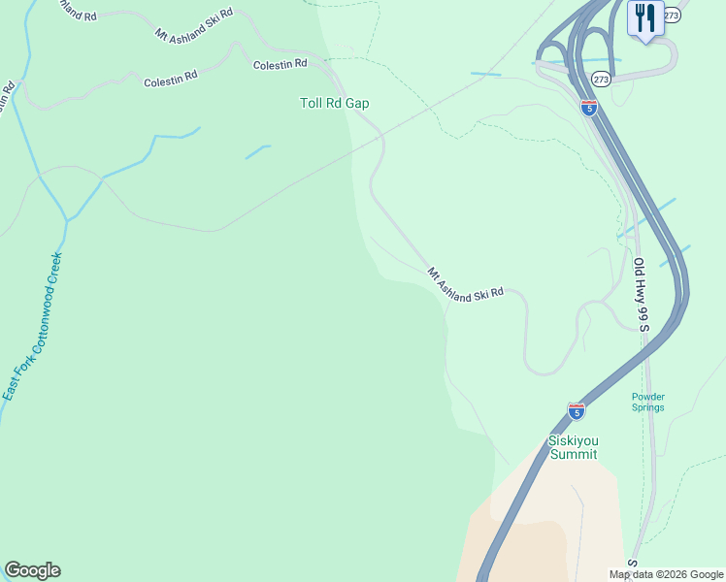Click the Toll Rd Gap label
[x=334, y=103]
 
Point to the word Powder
[x=647, y=396]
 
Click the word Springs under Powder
[x=647, y=407]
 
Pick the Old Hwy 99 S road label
[x=641, y=294]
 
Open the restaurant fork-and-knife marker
[x=644, y=17]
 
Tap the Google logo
[x=32, y=570]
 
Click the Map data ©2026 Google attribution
[x=666, y=574]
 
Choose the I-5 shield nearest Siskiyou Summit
[x=576, y=411]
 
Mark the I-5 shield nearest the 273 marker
[x=589, y=108]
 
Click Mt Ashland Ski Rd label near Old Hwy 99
[x=466, y=282]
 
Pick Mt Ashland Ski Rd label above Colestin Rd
[x=194, y=23]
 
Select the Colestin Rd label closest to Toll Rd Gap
[x=280, y=64]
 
